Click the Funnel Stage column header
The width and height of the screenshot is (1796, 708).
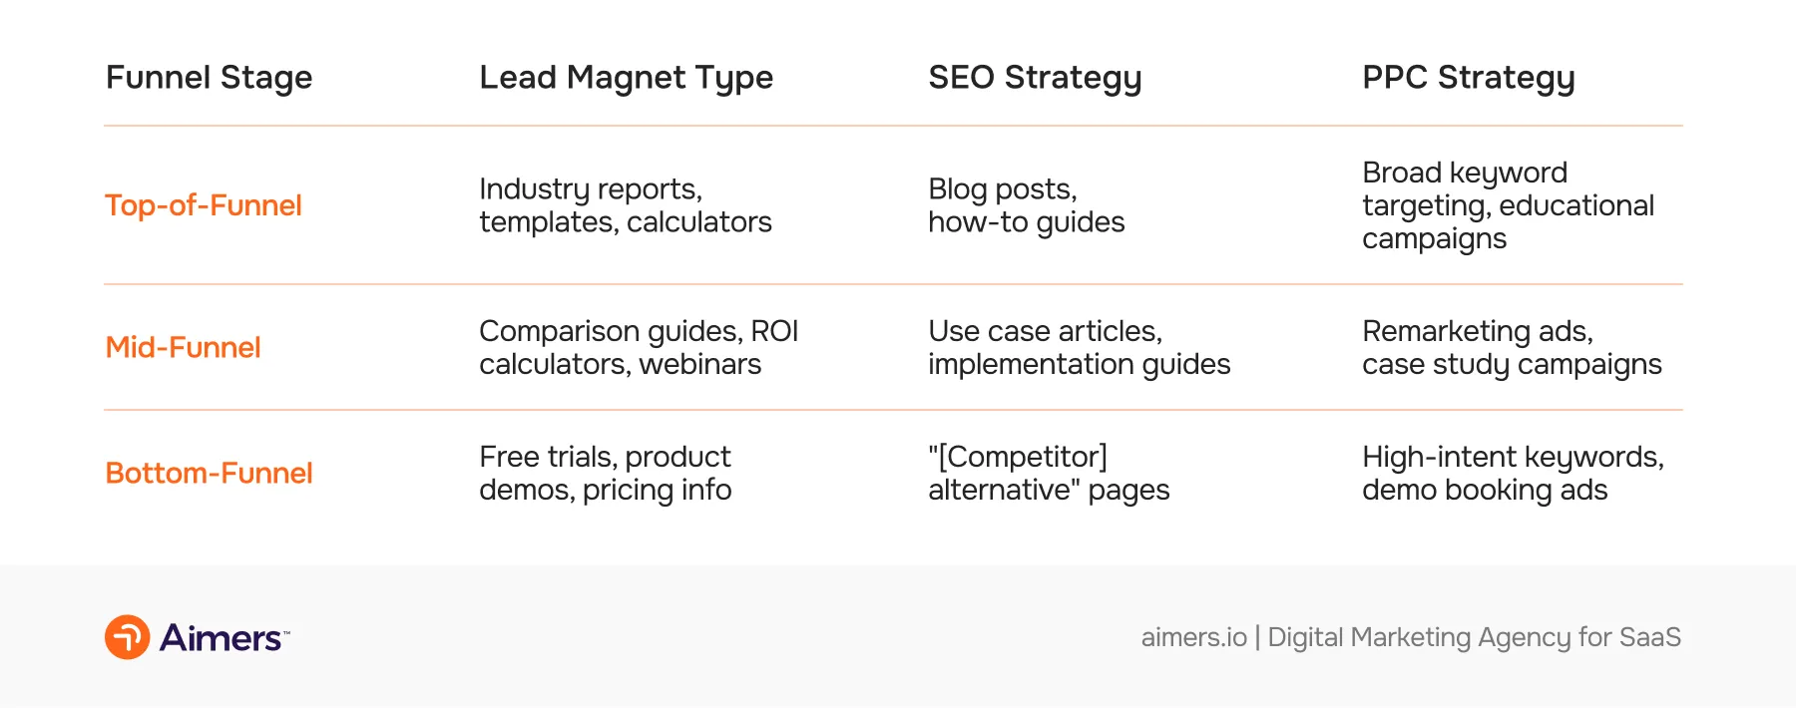pos(209,78)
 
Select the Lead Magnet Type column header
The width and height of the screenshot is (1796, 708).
pos(626,78)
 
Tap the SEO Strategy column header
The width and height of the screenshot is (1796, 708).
pos(1035,78)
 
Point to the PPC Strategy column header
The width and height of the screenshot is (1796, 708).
pos(1468,78)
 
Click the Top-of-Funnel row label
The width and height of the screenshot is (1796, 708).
pos(204,205)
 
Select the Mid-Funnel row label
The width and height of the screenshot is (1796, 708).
pos(183,347)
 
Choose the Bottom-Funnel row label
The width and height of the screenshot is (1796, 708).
pos(209,473)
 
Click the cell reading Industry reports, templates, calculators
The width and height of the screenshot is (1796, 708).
pos(626,205)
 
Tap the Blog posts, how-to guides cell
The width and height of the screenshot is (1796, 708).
pos(1026,205)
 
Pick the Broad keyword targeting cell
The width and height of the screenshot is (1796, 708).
pos(1508,205)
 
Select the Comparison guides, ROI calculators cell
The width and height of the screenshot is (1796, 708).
pos(639,347)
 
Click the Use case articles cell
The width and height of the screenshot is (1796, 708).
pos(1079,347)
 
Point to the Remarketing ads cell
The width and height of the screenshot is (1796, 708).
pos(1512,347)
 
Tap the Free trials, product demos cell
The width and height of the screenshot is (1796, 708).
pos(605,473)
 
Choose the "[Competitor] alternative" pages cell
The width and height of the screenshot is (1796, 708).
pos(1048,473)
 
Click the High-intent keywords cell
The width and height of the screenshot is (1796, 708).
pos(1513,473)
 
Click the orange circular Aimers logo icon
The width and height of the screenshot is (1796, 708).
pos(128,637)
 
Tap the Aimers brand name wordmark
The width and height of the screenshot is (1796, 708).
pos(222,638)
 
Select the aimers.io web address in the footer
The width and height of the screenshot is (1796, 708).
pos(1193,637)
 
